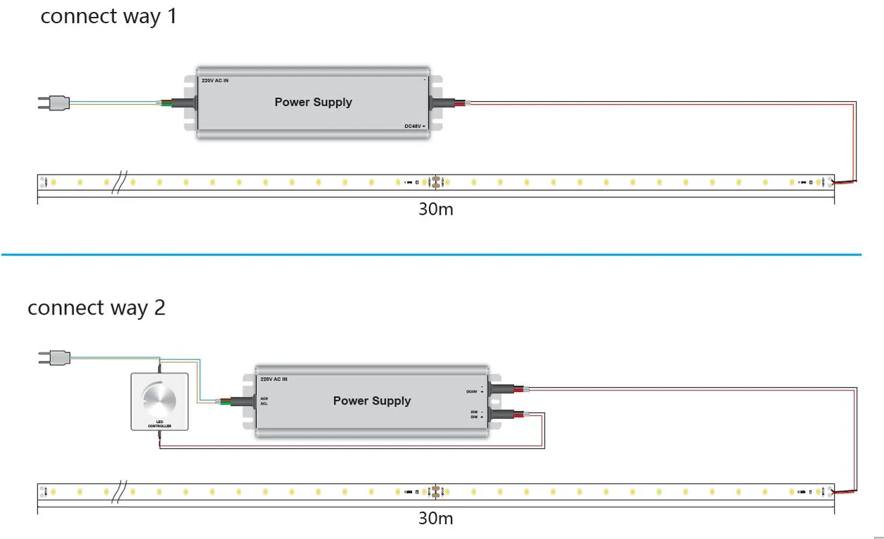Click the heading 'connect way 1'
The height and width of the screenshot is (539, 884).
click(108, 16)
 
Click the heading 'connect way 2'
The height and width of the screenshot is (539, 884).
click(97, 308)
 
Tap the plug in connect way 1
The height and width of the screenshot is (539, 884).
click(54, 103)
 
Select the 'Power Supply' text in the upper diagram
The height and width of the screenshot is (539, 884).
click(313, 102)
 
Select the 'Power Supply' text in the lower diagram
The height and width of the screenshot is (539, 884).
click(371, 400)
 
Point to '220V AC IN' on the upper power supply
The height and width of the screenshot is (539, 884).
click(215, 81)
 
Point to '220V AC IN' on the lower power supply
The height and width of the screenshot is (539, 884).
click(274, 379)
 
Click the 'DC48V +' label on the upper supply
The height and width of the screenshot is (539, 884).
click(414, 125)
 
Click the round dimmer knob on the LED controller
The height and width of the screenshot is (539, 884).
click(159, 399)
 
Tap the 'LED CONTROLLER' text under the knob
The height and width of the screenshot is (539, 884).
click(159, 424)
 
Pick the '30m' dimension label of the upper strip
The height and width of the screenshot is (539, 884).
click(435, 210)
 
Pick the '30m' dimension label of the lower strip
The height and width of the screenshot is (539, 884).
click(435, 519)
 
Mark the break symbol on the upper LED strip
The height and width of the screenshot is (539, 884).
click(119, 183)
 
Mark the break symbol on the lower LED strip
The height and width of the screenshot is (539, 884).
click(119, 490)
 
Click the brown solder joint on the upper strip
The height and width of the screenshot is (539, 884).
click(437, 182)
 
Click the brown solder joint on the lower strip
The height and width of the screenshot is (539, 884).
click(437, 490)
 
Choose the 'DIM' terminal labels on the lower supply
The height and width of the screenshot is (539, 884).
click(476, 414)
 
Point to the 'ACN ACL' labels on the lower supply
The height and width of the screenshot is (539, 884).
click(264, 401)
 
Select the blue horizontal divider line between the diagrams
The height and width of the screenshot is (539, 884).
click(431, 254)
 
